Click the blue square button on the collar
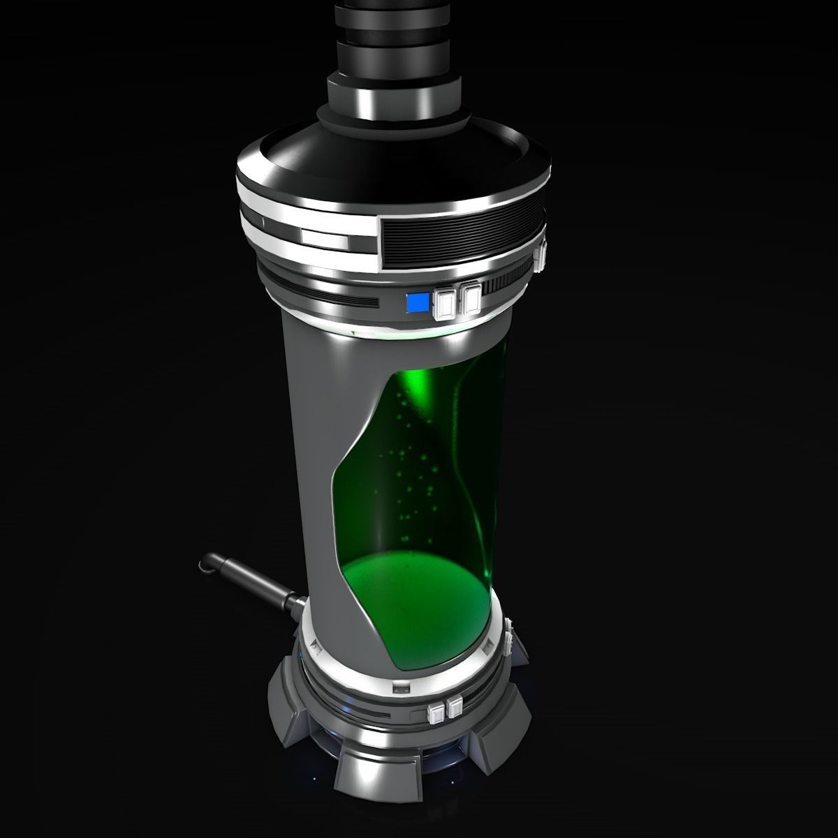coord(418,302)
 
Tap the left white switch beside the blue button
coord(445,302)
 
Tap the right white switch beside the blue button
coord(471,299)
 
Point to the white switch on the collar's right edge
coord(540,256)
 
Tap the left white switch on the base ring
coord(436,713)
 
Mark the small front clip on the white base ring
coord(402,688)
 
